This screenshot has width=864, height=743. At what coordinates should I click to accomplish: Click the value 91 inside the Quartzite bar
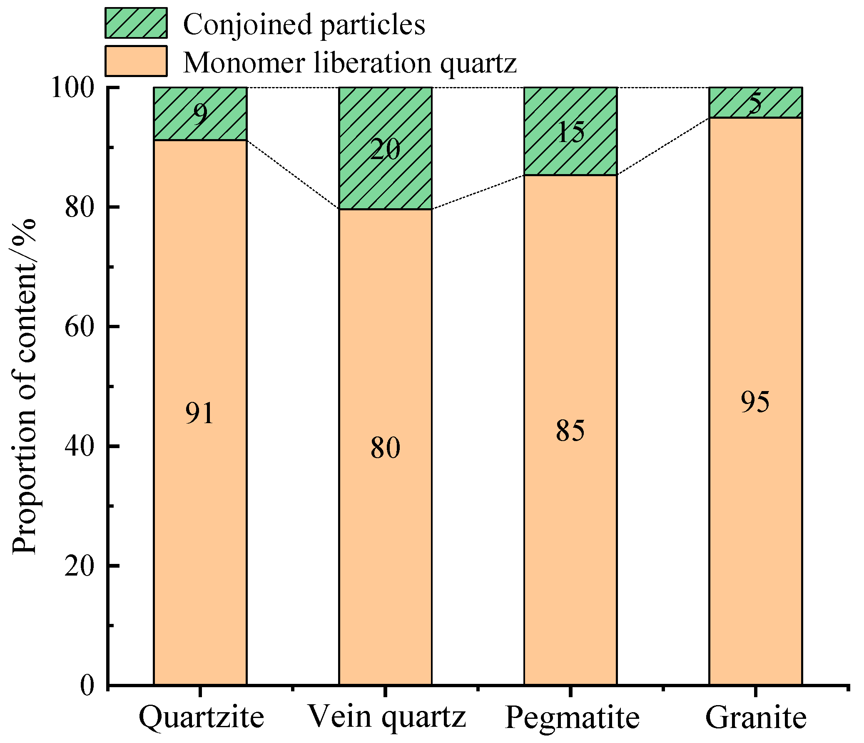(x=200, y=414)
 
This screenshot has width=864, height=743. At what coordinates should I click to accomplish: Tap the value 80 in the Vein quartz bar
(x=385, y=448)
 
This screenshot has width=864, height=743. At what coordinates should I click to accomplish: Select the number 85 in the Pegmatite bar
(x=570, y=431)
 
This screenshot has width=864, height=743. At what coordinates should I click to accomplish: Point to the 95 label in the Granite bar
(x=755, y=402)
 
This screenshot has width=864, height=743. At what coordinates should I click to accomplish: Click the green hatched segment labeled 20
(x=385, y=149)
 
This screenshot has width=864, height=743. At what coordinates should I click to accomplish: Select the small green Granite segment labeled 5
(x=755, y=103)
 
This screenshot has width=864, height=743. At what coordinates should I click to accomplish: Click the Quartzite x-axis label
(x=201, y=717)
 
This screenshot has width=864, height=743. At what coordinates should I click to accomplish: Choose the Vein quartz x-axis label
(x=386, y=717)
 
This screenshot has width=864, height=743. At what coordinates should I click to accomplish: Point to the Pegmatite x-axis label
(x=572, y=717)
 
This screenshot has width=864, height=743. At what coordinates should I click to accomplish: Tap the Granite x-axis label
(x=756, y=717)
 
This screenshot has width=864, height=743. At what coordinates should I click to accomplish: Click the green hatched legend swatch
(x=136, y=23)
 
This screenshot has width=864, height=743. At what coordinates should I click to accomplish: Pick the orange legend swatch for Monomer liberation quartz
(x=136, y=61)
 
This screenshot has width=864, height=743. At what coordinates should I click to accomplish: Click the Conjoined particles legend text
(x=304, y=24)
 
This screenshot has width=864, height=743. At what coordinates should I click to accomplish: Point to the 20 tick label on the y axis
(x=78, y=566)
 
